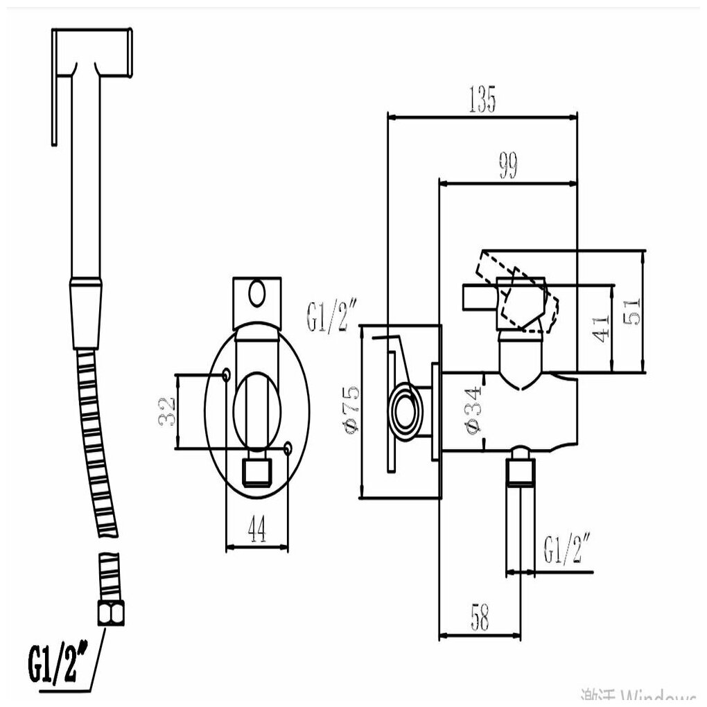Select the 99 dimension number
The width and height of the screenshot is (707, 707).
point(508,168)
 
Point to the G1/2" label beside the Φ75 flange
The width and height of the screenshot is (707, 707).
point(330,317)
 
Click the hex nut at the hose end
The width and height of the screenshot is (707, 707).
point(110,612)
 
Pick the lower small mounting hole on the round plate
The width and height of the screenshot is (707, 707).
point(288,450)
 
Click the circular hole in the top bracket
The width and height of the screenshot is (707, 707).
point(258,293)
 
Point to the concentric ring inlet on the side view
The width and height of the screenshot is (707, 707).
point(404,409)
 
